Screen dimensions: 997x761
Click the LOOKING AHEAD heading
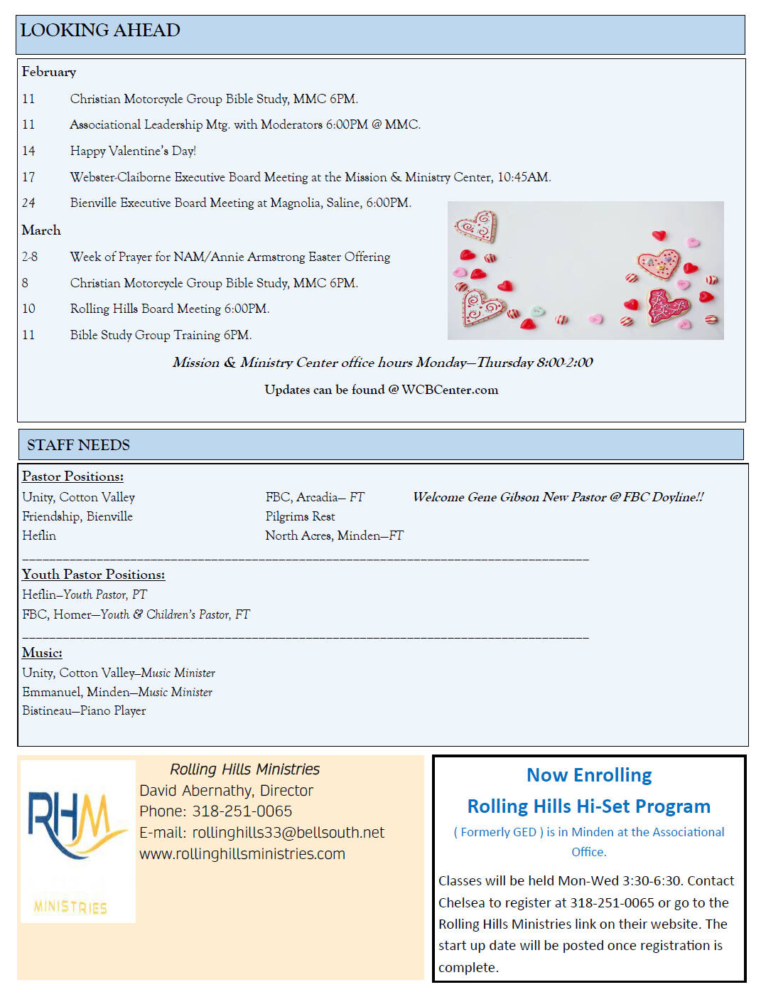click(100, 31)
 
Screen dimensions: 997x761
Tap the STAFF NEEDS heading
click(78, 445)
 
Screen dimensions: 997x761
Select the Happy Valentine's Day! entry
click(133, 151)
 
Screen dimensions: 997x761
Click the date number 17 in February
click(28, 177)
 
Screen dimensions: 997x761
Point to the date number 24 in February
click(28, 203)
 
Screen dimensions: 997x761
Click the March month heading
click(41, 230)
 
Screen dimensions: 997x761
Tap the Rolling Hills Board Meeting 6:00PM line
click(169, 309)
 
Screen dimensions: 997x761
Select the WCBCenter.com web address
click(450, 390)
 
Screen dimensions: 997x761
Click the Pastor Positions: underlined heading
click(72, 476)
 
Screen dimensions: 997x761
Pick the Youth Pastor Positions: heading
click(93, 575)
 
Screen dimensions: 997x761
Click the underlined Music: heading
click(42, 653)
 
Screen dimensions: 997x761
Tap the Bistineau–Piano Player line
click(84, 710)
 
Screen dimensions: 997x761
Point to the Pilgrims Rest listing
click(300, 516)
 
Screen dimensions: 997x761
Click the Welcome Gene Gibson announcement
click(558, 497)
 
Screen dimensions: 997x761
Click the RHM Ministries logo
click(77, 841)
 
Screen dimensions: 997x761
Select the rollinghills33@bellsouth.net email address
click(288, 833)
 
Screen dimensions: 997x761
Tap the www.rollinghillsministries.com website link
click(242, 854)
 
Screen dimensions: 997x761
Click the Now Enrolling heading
click(589, 775)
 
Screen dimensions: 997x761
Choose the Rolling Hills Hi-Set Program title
click(588, 806)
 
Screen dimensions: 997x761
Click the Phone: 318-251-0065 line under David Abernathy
click(215, 811)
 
